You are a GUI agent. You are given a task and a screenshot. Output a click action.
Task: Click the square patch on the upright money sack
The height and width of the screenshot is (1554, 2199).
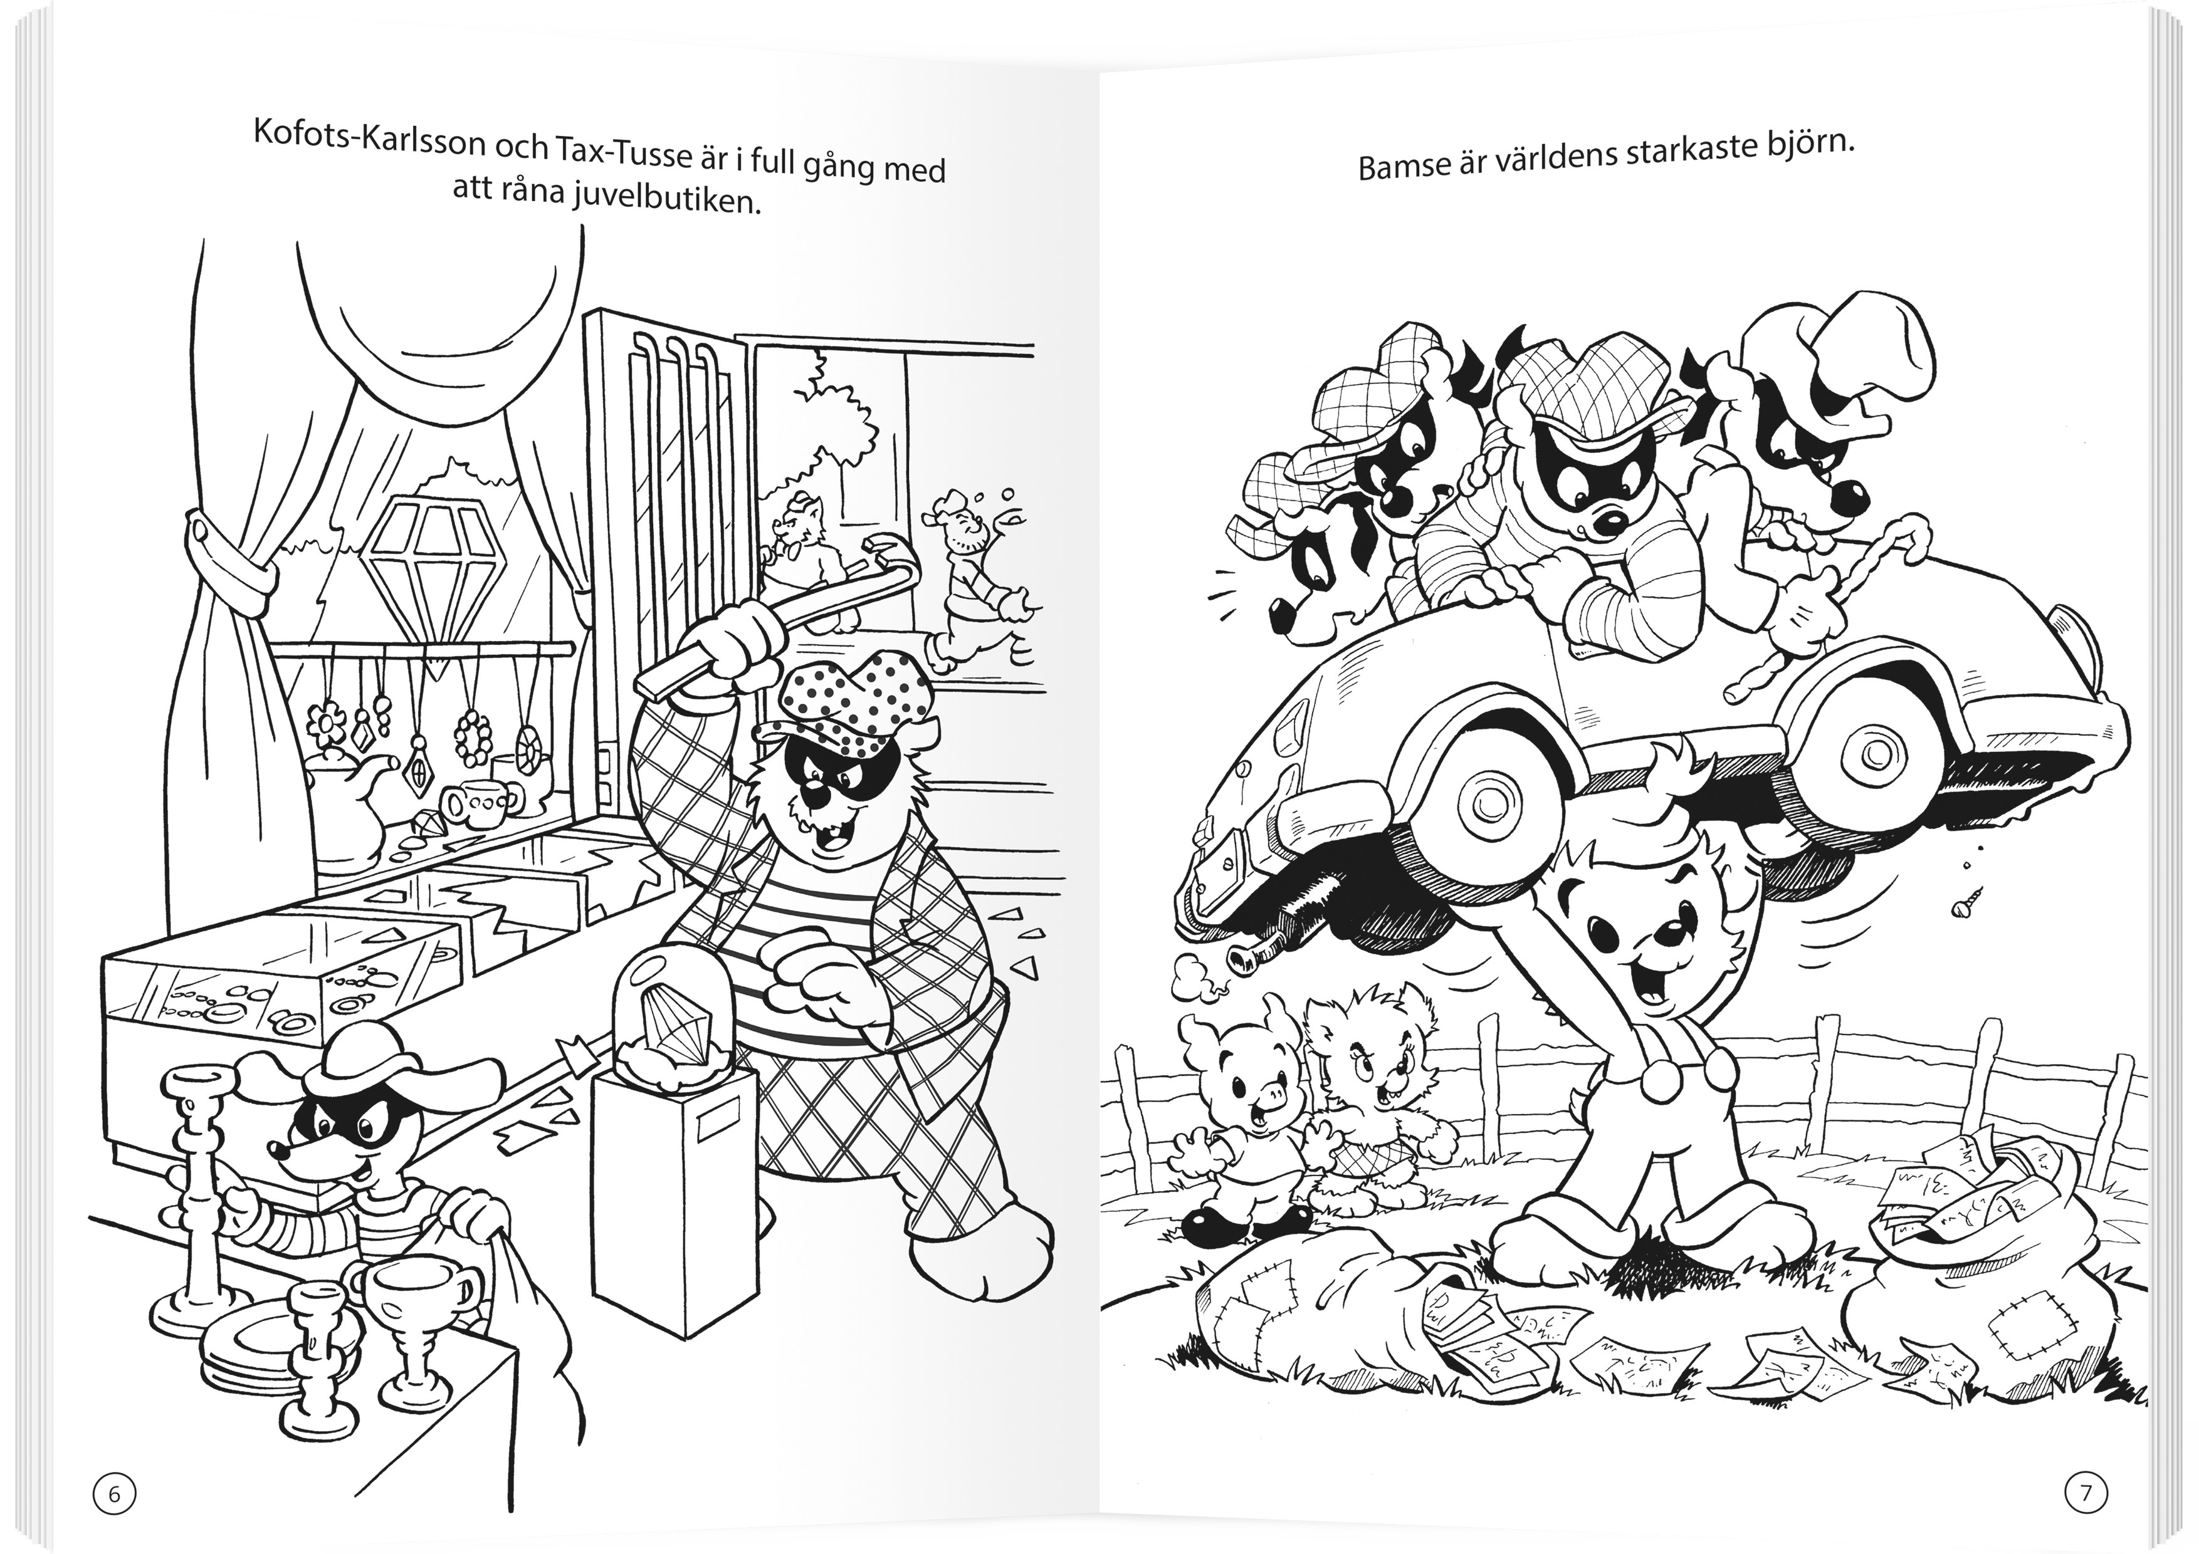[2023, 1331]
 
